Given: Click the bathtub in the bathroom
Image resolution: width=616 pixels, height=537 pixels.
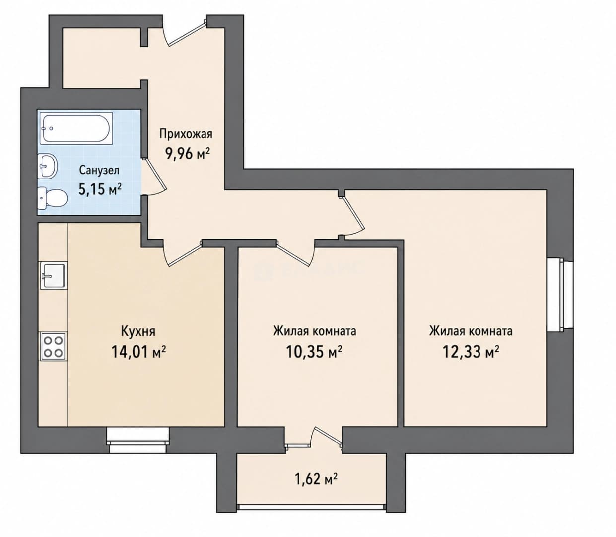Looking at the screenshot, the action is pyautogui.click(x=76, y=128).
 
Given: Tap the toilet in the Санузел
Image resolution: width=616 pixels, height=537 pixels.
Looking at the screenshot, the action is pyautogui.click(x=52, y=198).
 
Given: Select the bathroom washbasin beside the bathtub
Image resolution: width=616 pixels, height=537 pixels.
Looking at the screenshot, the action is pyautogui.click(x=48, y=166).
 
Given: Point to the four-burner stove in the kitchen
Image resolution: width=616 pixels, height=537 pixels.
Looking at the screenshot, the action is pyautogui.click(x=54, y=346).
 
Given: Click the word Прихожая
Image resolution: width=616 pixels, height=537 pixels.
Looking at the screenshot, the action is pyautogui.click(x=186, y=134).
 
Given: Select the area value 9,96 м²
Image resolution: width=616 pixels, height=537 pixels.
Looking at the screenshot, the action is pyautogui.click(x=187, y=154).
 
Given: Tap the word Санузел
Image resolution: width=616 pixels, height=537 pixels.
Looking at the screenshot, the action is pyautogui.click(x=99, y=170).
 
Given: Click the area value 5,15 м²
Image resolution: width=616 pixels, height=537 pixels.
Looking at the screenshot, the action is pyautogui.click(x=100, y=189).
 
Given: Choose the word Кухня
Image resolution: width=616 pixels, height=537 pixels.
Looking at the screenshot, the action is pyautogui.click(x=138, y=331).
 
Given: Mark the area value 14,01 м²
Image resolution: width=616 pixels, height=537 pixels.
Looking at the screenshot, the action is pyautogui.click(x=138, y=351).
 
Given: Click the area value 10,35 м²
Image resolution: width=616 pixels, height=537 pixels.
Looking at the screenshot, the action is pyautogui.click(x=314, y=351).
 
